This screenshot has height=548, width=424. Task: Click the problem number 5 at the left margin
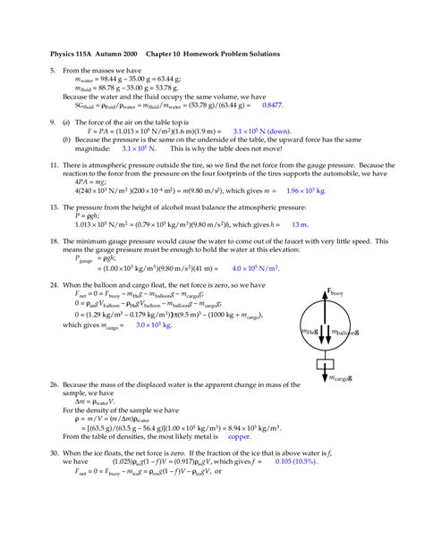pyautogui.click(x=52, y=70)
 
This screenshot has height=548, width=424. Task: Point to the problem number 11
pyautogui.click(x=54, y=165)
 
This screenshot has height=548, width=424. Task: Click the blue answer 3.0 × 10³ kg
pyautogui.click(x=154, y=326)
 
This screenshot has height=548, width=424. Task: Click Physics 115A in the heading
pyautogui.click(x=75, y=54)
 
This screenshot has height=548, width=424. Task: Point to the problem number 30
pyautogui.click(x=54, y=454)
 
